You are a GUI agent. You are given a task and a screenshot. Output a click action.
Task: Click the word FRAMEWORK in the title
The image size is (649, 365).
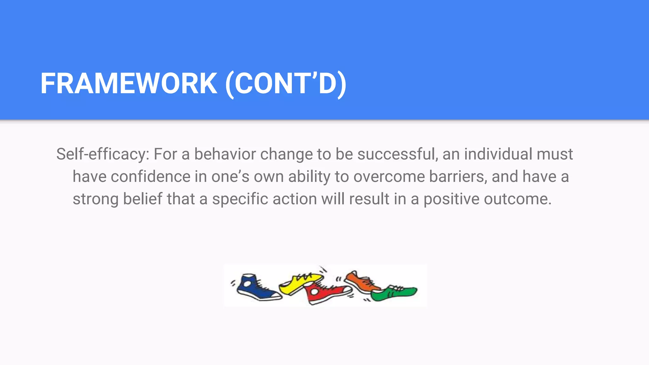129,84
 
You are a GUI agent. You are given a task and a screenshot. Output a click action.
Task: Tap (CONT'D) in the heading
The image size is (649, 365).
286,84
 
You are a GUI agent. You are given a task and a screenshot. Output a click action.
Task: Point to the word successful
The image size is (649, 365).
397,154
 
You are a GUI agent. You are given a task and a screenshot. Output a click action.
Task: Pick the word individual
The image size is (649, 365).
498,154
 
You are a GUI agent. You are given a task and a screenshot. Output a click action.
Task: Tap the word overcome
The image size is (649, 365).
389,177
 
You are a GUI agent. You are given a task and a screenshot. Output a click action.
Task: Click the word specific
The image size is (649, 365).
240,199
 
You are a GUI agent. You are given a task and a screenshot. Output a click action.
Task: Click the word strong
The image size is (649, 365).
95,199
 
